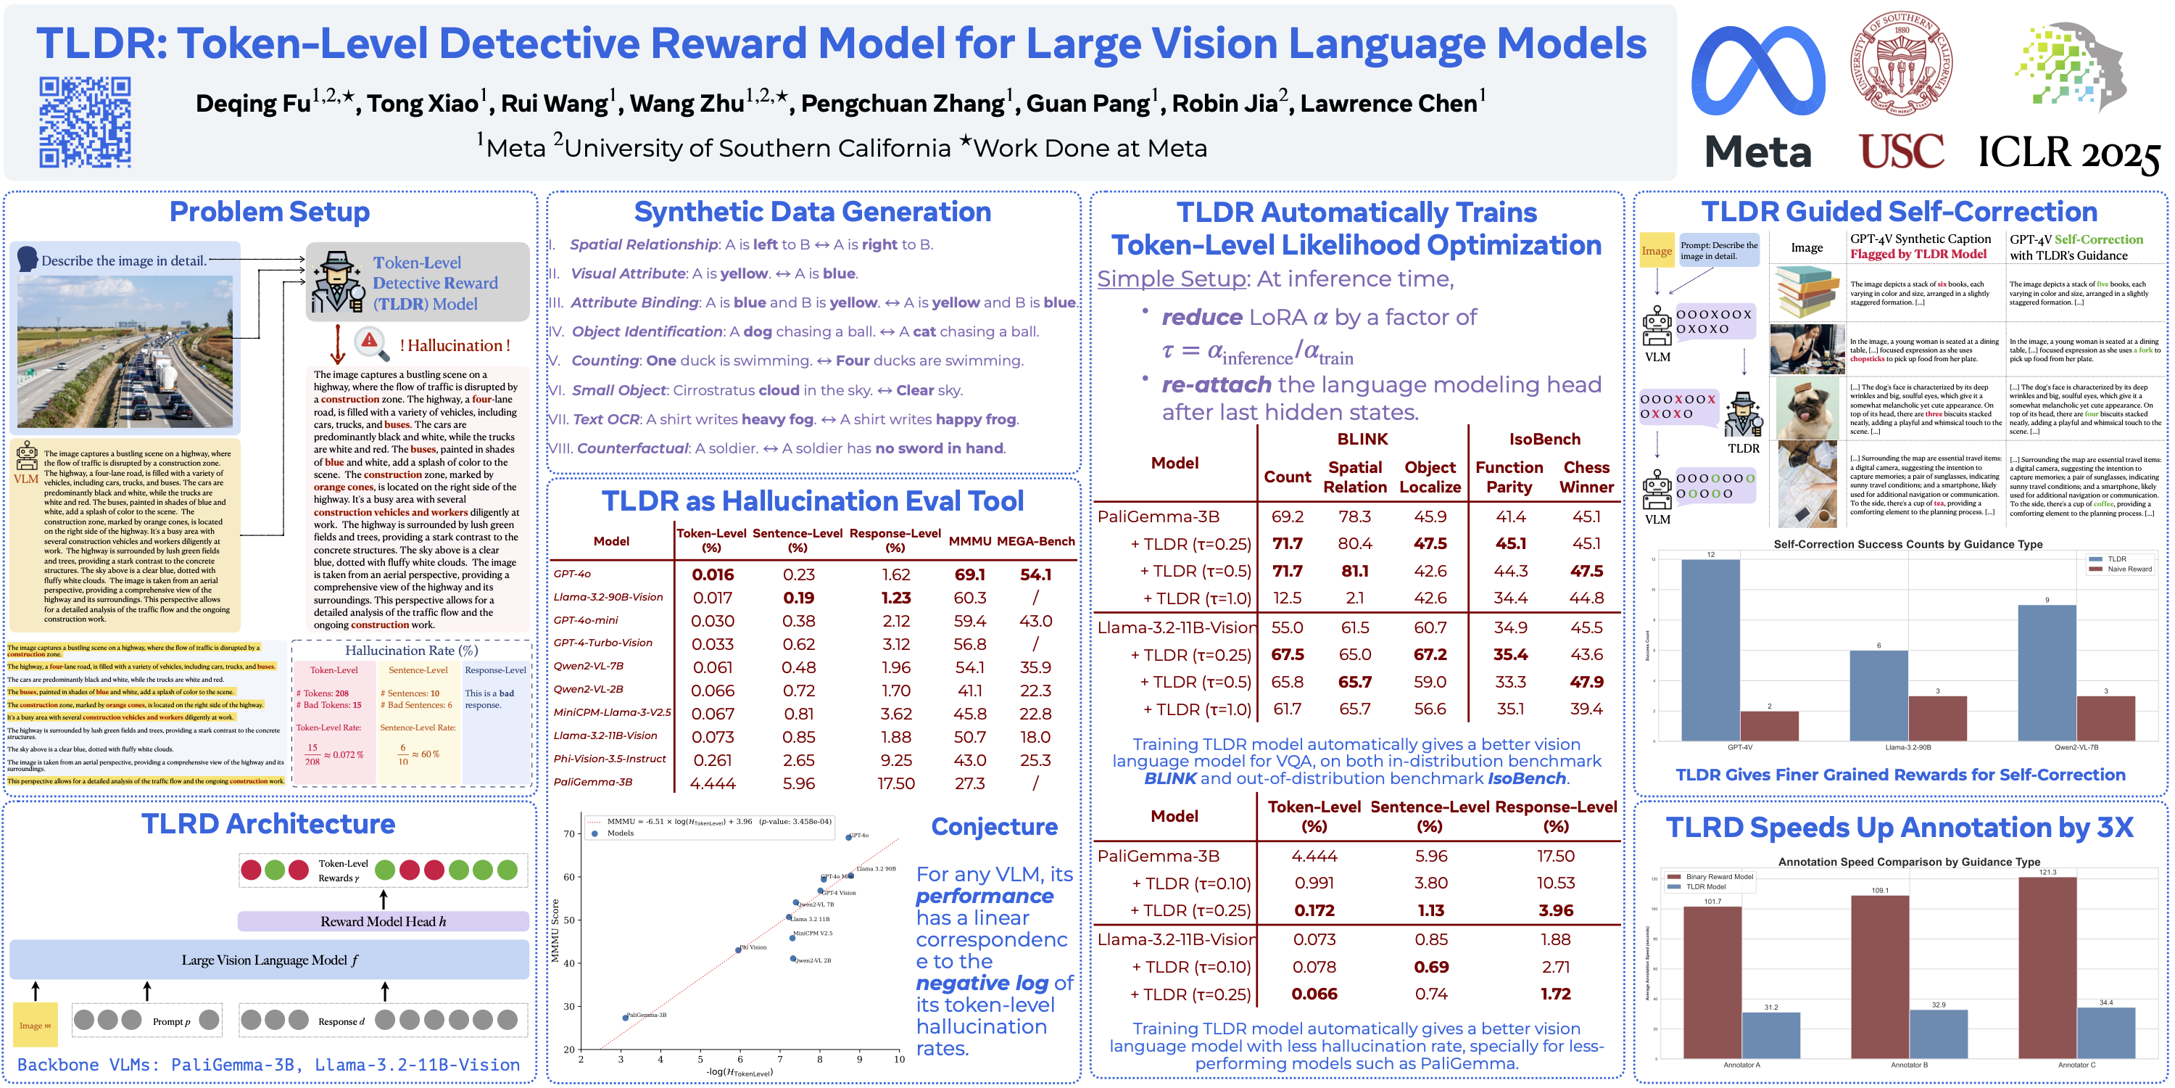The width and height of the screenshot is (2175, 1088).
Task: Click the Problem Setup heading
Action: tap(270, 211)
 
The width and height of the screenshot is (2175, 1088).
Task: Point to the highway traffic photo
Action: tap(125, 350)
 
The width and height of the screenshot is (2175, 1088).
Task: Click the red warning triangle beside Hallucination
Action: tap(369, 341)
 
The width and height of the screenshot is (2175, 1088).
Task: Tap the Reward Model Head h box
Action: tap(383, 920)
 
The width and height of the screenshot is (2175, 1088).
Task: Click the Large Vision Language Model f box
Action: tap(270, 960)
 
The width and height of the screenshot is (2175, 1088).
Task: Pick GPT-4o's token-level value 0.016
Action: tap(713, 574)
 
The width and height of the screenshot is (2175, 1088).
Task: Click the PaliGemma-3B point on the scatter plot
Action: tap(625, 1017)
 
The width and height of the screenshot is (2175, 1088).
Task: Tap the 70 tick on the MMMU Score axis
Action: tap(569, 833)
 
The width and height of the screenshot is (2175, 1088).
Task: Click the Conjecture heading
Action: tap(994, 826)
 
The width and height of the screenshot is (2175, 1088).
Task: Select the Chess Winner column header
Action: tap(1586, 477)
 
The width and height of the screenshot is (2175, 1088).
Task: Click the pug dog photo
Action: tap(1806, 409)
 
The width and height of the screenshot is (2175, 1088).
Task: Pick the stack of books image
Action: tap(1806, 292)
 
